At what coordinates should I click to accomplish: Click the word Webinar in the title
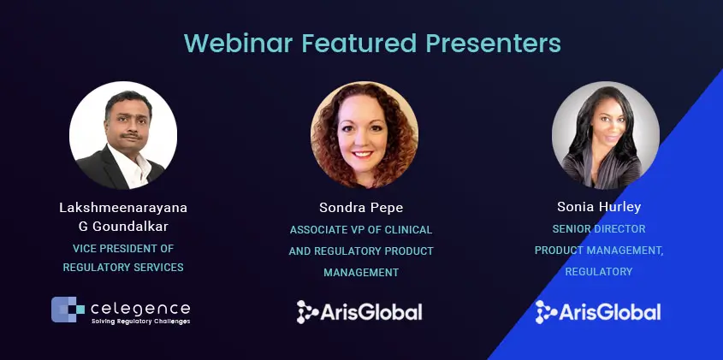click(238, 43)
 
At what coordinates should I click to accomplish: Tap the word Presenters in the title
click(493, 43)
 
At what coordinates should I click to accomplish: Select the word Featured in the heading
click(359, 43)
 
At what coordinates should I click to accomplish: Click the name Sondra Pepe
click(361, 208)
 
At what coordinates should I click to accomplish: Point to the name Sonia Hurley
click(599, 207)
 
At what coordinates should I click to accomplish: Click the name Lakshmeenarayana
click(123, 208)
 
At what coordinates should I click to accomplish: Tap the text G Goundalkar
click(123, 227)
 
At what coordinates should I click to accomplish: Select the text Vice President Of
click(123, 249)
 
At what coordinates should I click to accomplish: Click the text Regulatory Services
click(123, 268)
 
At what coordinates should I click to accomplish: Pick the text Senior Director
click(599, 228)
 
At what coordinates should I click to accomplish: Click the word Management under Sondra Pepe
click(361, 273)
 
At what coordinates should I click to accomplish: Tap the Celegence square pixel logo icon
click(68, 310)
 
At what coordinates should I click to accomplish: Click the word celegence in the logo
click(140, 309)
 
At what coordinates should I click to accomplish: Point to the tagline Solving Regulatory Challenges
click(140, 322)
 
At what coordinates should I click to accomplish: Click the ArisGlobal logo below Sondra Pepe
click(359, 312)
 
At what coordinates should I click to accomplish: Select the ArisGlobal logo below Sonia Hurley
click(598, 312)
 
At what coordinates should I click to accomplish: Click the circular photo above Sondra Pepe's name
click(364, 135)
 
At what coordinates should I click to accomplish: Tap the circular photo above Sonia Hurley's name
click(606, 135)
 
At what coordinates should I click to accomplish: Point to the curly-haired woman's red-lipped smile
click(363, 155)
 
